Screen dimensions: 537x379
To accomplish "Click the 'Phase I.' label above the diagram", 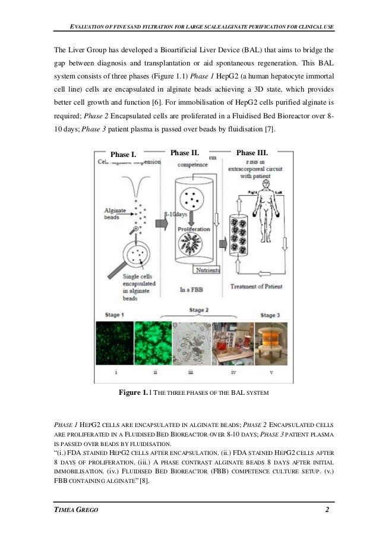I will tap(124, 155).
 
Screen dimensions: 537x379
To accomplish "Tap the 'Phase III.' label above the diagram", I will tap(252, 153).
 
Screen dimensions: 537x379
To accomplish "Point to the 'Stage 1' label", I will tap(110, 314).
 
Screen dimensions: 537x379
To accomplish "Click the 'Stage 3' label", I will tap(269, 315).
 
